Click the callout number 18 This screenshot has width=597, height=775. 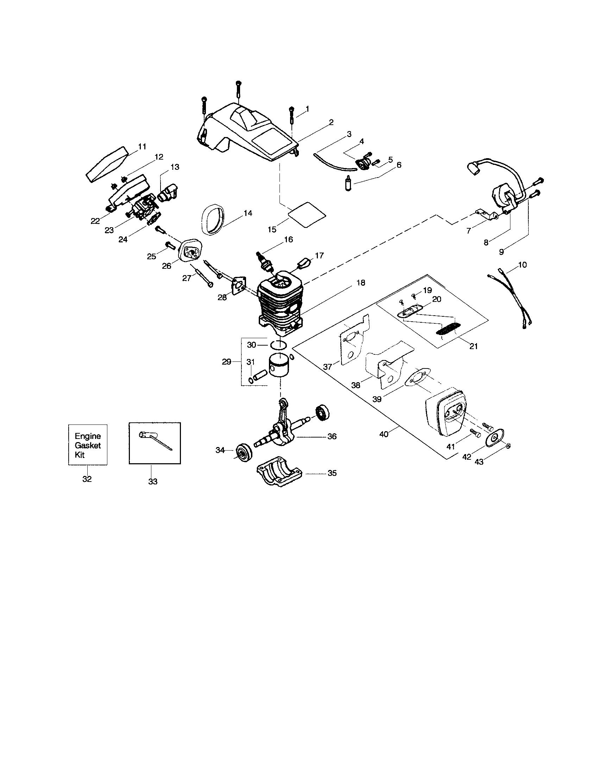coord(360,283)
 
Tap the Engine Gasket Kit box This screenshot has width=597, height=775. coord(88,445)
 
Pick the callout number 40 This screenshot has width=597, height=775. coord(384,434)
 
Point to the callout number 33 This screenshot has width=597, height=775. coord(153,482)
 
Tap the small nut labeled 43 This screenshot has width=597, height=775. coord(508,446)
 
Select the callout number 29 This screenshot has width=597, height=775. coord(227,362)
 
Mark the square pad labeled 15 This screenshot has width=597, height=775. coord(307,215)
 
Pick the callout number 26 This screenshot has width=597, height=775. coord(166,266)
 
